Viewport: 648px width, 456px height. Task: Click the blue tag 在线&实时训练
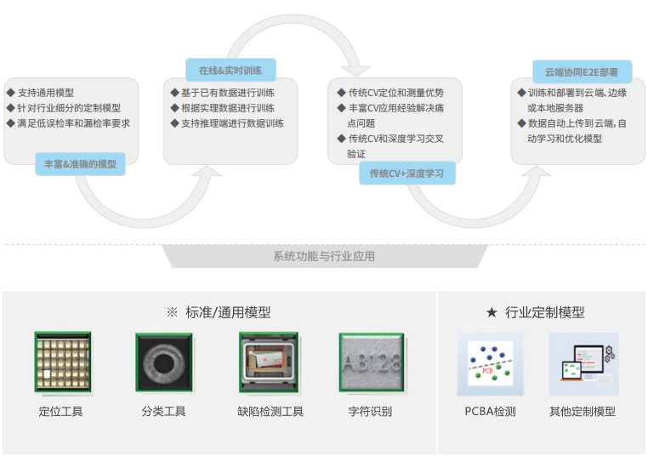pos(230,70)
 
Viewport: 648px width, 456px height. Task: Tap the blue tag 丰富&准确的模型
pos(80,164)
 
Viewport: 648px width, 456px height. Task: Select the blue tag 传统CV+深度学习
pos(407,174)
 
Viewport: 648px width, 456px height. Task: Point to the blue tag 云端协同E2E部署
pos(582,72)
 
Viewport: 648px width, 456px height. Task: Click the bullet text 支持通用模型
pos(46,93)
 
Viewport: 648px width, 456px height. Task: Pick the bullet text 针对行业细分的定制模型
pos(69,108)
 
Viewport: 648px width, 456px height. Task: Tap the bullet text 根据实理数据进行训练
pos(228,108)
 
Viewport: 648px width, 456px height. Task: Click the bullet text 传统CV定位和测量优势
pos(396,93)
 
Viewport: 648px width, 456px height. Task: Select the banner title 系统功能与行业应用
pos(324,256)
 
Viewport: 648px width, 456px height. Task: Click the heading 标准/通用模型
pos(228,312)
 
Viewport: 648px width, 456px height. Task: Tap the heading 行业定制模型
pos(545,312)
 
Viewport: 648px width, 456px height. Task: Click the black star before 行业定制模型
pos(492,312)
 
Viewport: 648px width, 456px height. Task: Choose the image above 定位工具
pos(63,362)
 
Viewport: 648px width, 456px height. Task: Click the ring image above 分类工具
pos(164,362)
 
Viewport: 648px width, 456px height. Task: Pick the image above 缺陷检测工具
pos(269,362)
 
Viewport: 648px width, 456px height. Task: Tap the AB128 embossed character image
pos(371,362)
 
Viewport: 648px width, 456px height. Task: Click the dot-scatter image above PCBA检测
pos(491,363)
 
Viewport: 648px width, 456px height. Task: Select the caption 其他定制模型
pos(583,412)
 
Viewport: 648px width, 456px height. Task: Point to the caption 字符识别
pos(370,412)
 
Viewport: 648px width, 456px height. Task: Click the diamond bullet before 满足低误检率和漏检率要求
pos(11,123)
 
